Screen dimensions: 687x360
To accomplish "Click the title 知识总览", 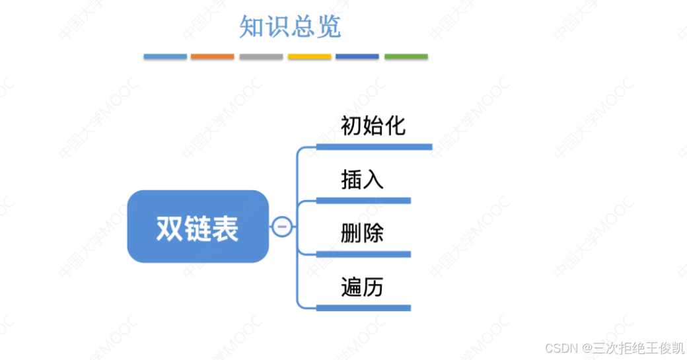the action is click(290, 27).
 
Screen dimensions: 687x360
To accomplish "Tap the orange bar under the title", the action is click(212, 57).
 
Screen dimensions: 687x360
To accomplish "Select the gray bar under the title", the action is click(261, 57).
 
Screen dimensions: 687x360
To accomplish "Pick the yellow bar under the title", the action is click(309, 57).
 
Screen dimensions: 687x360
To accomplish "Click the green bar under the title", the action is click(406, 57).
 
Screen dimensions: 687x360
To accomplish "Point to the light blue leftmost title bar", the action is click(165, 57).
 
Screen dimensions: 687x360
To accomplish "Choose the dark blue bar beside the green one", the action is click(357, 57).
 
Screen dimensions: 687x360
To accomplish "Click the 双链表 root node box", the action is click(198, 227).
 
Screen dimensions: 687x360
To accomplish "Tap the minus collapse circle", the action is click(282, 227).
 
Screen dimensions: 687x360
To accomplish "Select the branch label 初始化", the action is click(373, 126).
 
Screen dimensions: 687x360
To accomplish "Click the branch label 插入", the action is click(362, 180).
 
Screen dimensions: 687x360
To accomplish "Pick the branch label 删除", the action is click(362, 233).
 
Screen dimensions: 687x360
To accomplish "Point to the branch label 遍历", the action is click(362, 287).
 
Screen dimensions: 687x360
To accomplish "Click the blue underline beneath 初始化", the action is click(374, 147).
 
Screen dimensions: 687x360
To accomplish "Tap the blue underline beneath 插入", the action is click(363, 200).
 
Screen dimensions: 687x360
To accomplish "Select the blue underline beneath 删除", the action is click(363, 254).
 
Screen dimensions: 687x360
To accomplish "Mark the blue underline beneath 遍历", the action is click(363, 308).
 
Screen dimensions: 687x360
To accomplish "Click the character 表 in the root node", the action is click(225, 229).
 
